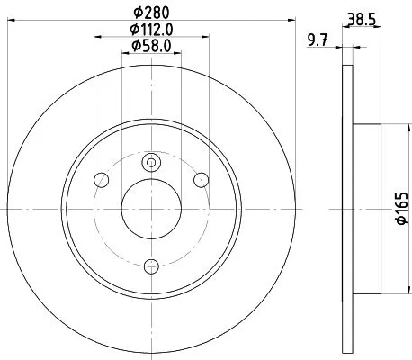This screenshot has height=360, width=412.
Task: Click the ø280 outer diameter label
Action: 151,13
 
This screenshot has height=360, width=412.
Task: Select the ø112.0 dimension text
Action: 151,30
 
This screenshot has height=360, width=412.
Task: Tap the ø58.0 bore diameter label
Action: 151,46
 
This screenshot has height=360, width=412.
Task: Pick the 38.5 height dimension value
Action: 361,17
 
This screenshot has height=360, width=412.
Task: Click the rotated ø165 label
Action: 403,209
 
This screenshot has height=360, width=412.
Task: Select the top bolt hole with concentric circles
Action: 151,162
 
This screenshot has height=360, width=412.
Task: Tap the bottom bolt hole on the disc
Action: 151,265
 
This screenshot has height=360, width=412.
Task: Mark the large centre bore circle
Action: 151,209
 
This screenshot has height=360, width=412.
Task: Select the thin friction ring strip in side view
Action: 346,209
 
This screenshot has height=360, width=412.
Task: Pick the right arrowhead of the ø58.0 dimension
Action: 179,54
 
